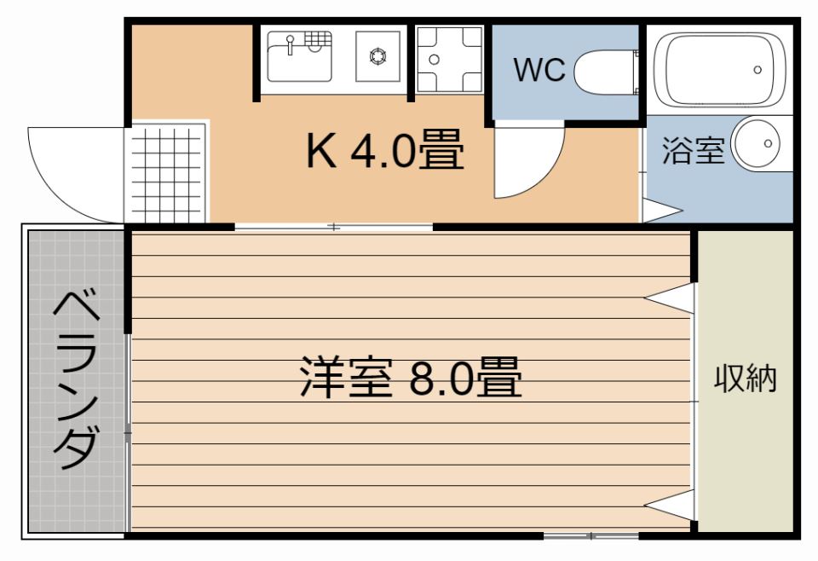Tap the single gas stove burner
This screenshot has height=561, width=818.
click(377, 56)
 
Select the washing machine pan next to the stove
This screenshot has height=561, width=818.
click(449, 60)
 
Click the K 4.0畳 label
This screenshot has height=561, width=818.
click(385, 153)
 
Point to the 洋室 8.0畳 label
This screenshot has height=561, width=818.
click(410, 379)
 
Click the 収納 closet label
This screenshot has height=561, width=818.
click(746, 378)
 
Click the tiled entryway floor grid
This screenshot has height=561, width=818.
click(166, 173)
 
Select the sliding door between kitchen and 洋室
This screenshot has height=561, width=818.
click(334, 228)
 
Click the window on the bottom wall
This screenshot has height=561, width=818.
click(590, 536)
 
